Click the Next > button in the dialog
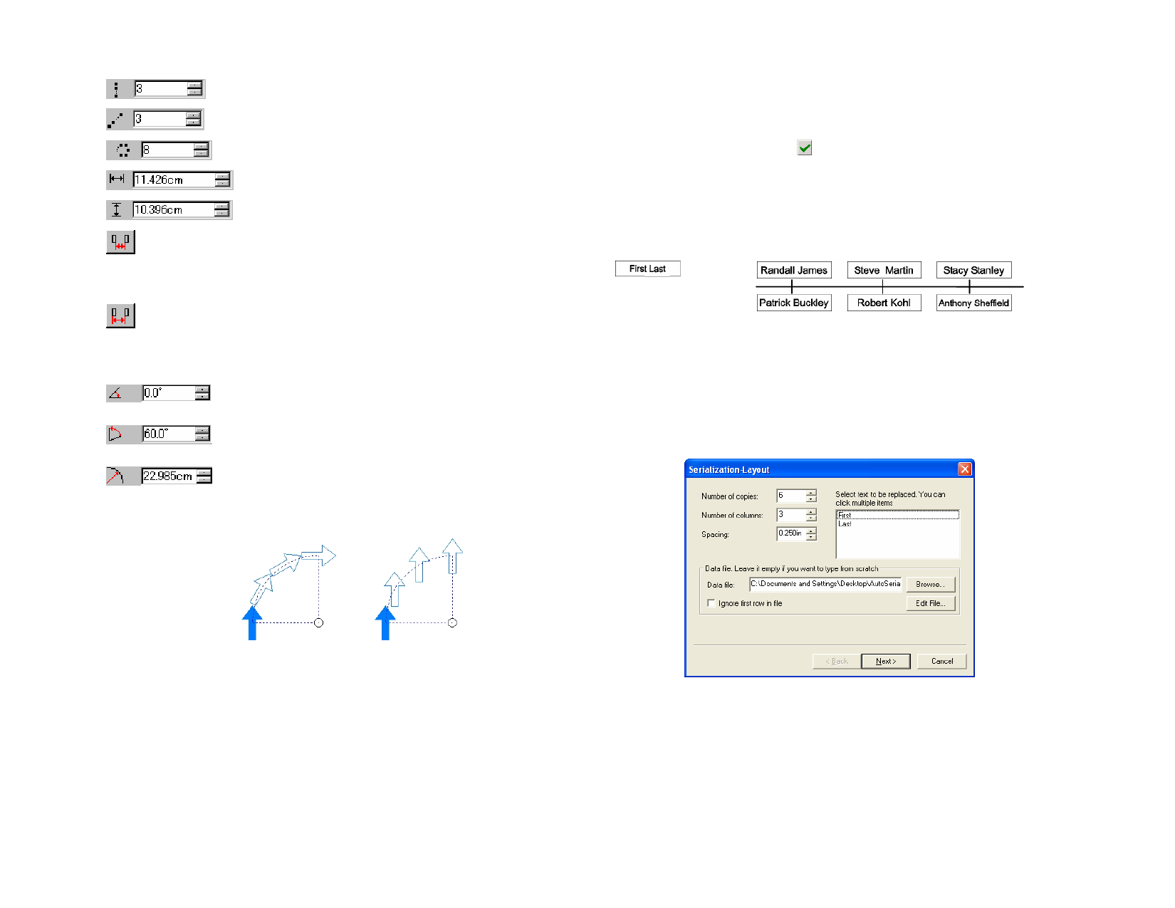(x=885, y=661)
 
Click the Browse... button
(x=930, y=584)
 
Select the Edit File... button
(x=930, y=603)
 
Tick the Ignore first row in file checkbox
(x=711, y=603)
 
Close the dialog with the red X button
(x=964, y=469)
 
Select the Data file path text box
(x=825, y=584)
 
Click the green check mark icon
(x=804, y=147)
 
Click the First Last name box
(x=647, y=268)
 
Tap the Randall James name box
(x=794, y=270)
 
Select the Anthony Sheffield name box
(x=973, y=303)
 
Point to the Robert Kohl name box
(x=884, y=303)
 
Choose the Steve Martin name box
(x=884, y=270)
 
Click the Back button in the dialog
(x=837, y=661)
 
